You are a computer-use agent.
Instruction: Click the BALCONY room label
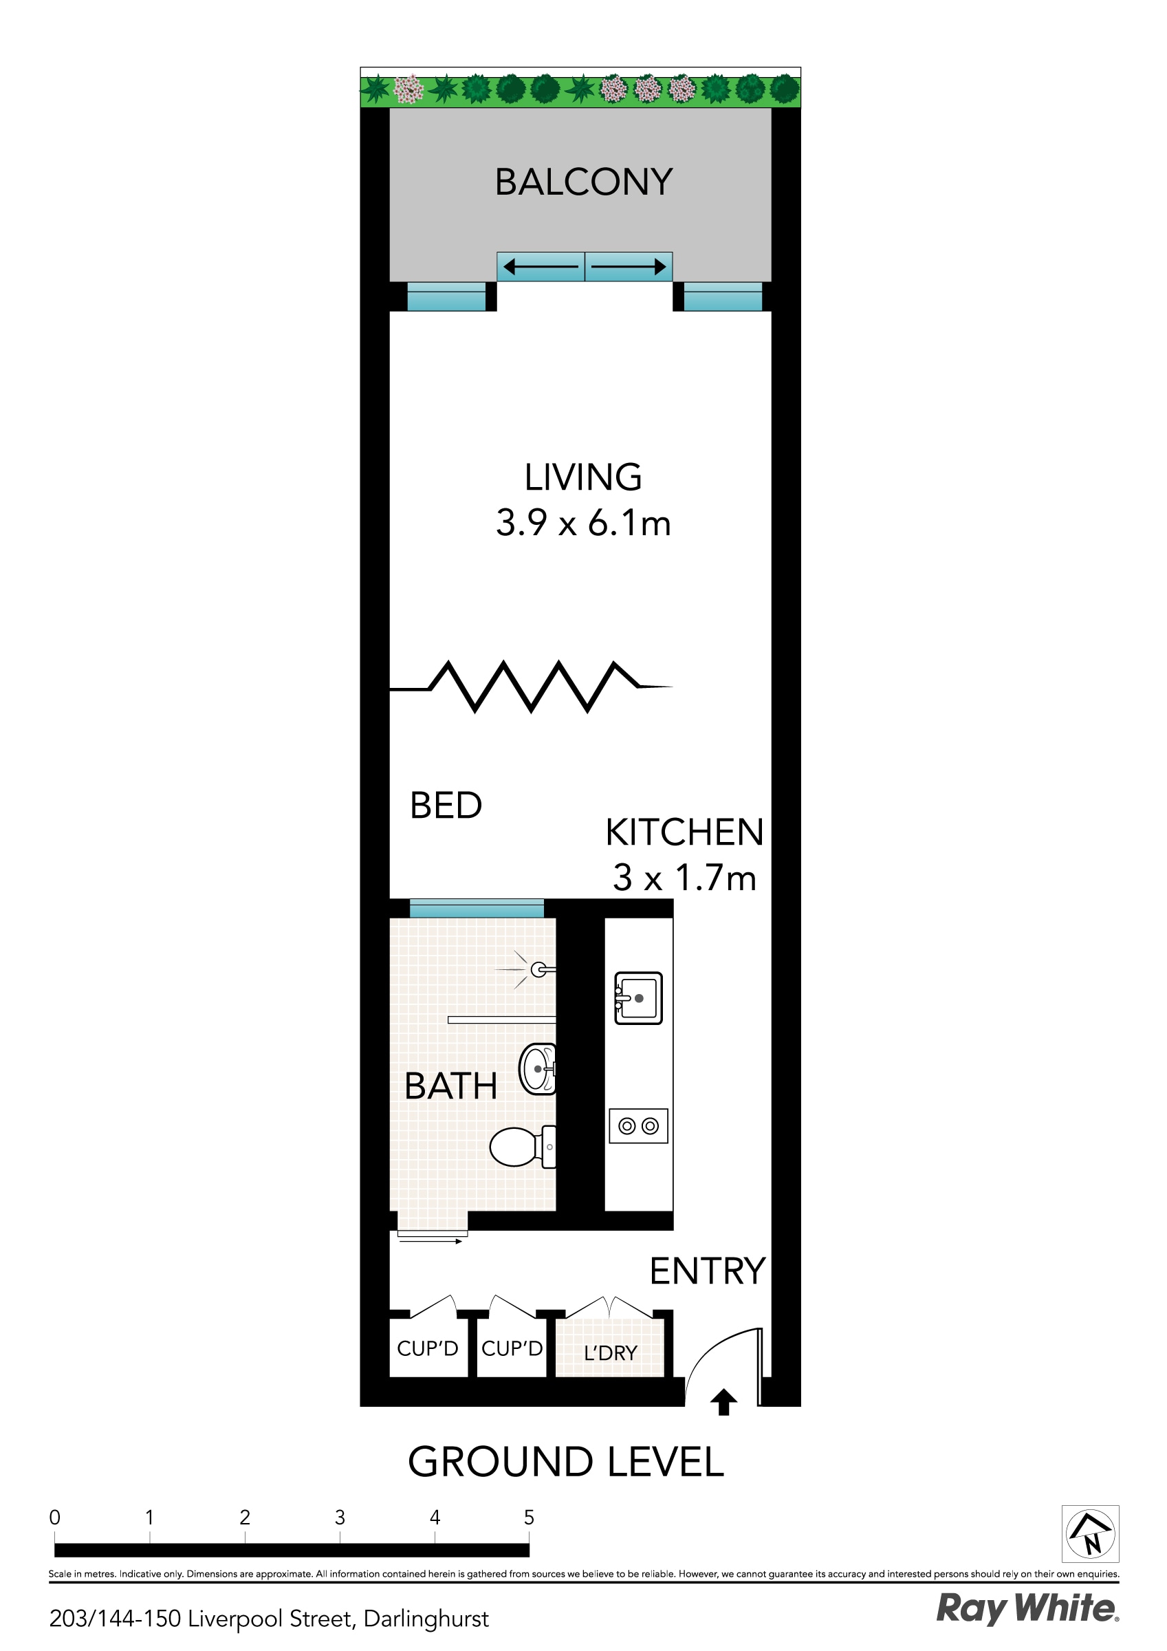(x=583, y=182)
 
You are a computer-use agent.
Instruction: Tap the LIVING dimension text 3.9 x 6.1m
(x=583, y=523)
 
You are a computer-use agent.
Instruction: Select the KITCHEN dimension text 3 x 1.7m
(x=684, y=878)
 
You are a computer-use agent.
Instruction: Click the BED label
(x=446, y=806)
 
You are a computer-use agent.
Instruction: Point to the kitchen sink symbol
(x=638, y=998)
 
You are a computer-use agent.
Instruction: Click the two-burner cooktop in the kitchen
(x=638, y=1126)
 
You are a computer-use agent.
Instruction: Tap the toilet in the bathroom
(x=521, y=1147)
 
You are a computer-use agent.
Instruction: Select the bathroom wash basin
(x=537, y=1069)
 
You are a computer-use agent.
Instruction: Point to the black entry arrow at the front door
(x=723, y=1402)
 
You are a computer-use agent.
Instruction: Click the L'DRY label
(x=611, y=1353)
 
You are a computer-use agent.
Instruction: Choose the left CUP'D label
(x=428, y=1348)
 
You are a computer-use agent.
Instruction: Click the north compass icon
(x=1090, y=1534)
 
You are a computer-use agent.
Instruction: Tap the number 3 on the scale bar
(x=340, y=1518)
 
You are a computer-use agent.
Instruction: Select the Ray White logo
(x=1027, y=1608)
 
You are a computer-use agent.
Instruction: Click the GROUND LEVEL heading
(x=566, y=1462)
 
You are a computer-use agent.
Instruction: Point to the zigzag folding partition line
(x=531, y=687)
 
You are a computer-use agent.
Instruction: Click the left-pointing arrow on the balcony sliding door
(x=541, y=268)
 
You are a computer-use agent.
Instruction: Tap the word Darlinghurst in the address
(x=426, y=1619)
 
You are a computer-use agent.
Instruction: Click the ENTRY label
(x=708, y=1271)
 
